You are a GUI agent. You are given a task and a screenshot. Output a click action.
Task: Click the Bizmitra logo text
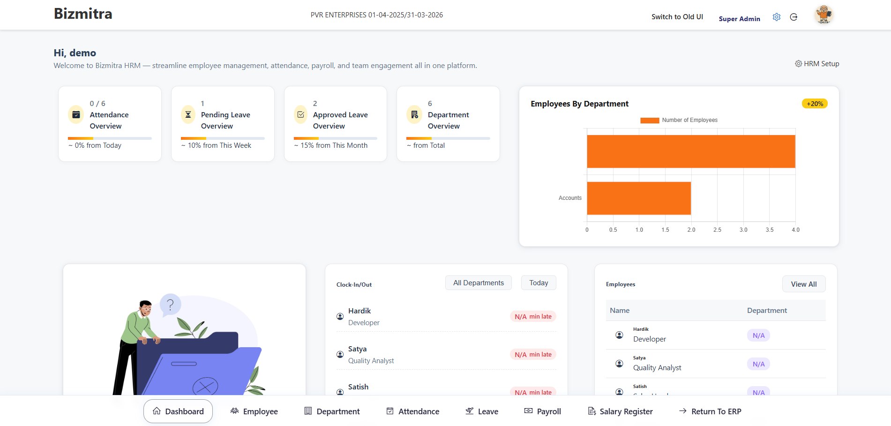[x=83, y=14]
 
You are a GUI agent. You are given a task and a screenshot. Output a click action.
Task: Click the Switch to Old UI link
[x=677, y=17]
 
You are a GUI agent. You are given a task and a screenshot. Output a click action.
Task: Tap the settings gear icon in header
[x=777, y=17]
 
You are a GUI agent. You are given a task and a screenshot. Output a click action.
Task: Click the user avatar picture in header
[x=824, y=15]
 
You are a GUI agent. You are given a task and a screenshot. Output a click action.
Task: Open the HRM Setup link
[x=817, y=64]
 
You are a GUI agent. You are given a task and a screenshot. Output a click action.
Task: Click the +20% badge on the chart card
[x=815, y=104]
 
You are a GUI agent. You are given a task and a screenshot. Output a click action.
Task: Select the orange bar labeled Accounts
[x=638, y=198]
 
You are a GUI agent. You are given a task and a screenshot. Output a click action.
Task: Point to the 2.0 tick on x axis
[x=691, y=230]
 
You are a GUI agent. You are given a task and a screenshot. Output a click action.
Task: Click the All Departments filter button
[x=478, y=283]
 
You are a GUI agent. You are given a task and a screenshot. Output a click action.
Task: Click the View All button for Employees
[x=803, y=284]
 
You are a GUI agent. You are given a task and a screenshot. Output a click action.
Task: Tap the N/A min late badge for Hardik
[x=533, y=317]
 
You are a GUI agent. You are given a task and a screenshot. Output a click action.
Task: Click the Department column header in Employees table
[x=767, y=311]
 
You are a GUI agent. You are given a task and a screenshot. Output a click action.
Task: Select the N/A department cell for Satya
[x=758, y=364]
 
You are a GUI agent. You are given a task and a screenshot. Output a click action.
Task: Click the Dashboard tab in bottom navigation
[x=178, y=411]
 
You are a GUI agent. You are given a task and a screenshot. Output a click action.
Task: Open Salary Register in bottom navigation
[x=620, y=411]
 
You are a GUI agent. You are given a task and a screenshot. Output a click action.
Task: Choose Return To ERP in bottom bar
[x=710, y=411]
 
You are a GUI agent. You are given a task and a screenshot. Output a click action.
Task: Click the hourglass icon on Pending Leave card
[x=188, y=114]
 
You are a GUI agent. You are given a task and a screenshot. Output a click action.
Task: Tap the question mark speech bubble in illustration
[x=170, y=305]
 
